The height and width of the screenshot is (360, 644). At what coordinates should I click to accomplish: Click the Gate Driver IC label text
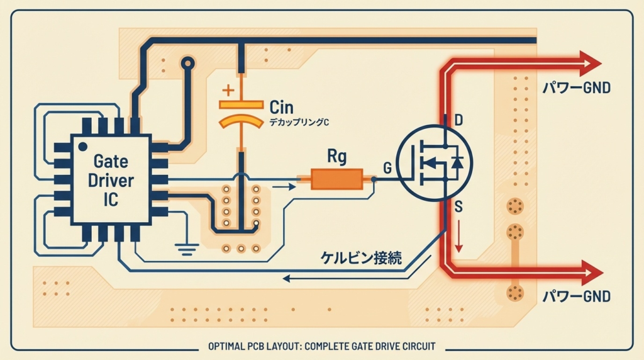(111, 181)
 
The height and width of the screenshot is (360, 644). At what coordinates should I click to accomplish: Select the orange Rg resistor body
(337, 179)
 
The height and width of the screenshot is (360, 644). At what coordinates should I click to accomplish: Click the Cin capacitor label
(281, 106)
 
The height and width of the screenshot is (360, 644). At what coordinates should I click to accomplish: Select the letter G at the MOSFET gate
(387, 167)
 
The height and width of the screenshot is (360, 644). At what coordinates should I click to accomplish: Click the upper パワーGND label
(576, 89)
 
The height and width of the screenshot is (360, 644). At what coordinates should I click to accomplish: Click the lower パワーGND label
(576, 296)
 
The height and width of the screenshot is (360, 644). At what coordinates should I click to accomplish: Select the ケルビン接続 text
(360, 257)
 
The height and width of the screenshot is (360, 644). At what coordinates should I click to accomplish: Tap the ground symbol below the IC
(186, 249)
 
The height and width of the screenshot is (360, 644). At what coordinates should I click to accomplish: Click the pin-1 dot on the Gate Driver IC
(82, 145)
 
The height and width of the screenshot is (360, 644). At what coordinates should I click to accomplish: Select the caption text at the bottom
(321, 346)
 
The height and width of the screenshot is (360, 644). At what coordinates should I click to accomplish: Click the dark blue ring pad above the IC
(187, 64)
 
